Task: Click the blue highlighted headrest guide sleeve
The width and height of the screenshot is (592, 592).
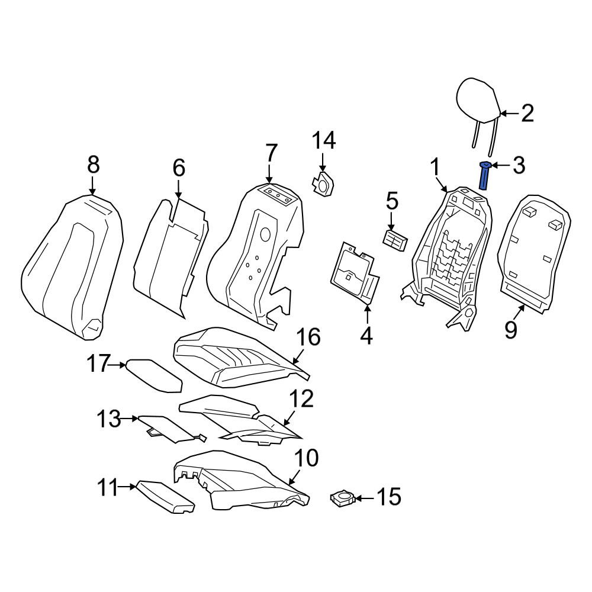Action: [484, 176]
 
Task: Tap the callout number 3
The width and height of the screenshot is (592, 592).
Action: [519, 165]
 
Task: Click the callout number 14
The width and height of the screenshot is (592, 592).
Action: [324, 141]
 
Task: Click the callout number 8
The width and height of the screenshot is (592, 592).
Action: [94, 165]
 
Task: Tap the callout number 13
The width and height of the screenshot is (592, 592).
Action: [109, 419]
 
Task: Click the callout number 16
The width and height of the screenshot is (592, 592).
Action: [308, 337]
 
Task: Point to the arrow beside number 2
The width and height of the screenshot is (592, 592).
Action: [510, 113]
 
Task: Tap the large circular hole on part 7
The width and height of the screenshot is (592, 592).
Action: [265, 235]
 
